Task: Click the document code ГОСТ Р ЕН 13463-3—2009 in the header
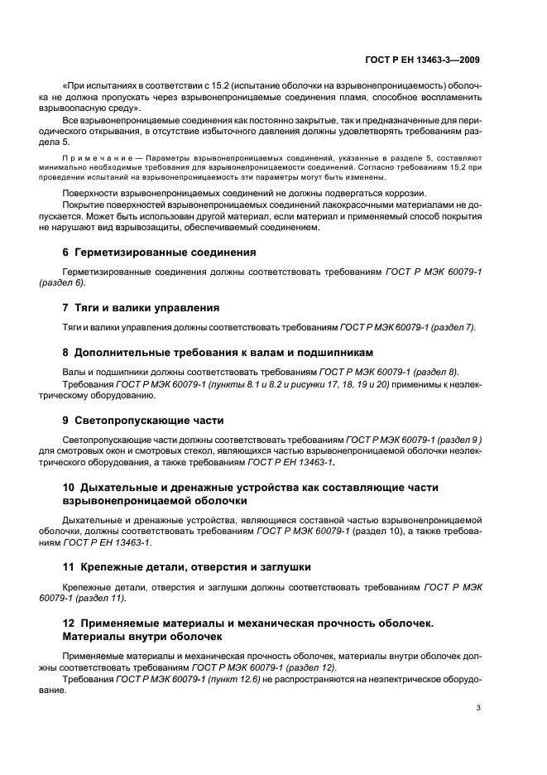[x=422, y=60]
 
